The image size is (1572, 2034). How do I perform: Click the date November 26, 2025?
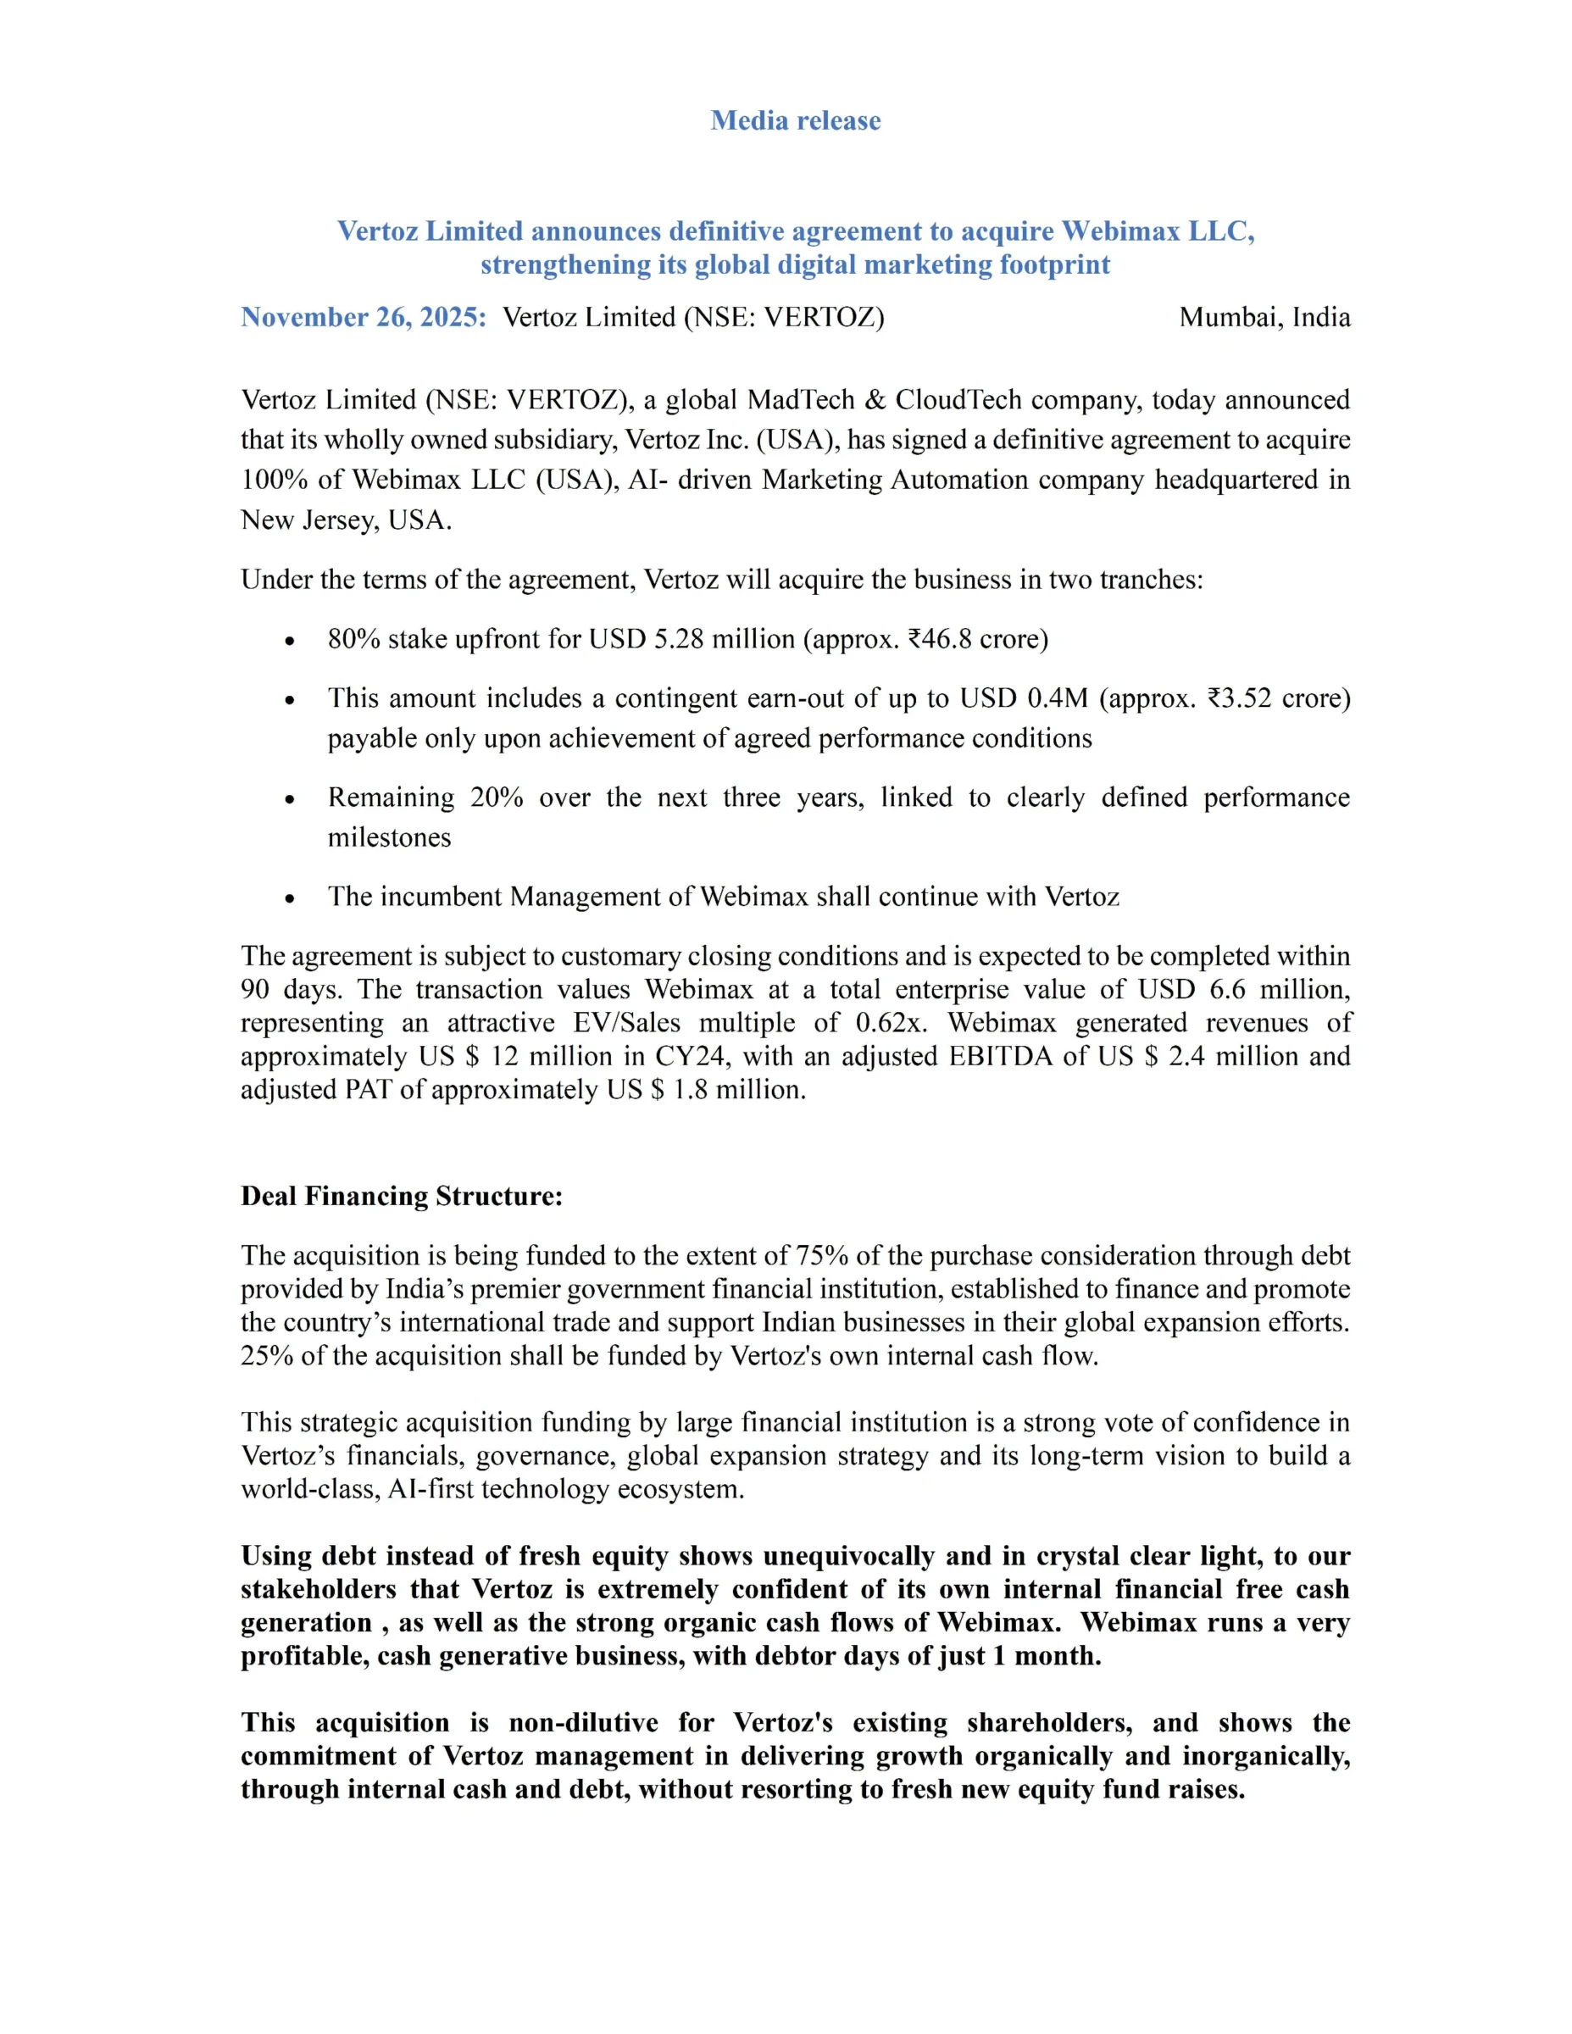click(x=364, y=318)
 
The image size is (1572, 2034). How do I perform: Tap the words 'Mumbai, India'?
click(x=1264, y=318)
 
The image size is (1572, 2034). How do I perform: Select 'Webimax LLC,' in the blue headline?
click(x=1158, y=231)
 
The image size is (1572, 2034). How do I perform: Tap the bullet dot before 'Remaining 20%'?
click(x=291, y=799)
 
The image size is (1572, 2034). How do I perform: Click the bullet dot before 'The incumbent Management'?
click(x=291, y=898)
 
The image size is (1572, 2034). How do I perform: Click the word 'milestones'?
click(x=389, y=837)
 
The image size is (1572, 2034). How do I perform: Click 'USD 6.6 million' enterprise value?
click(x=1243, y=989)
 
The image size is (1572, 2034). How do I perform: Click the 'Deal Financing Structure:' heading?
click(x=402, y=1196)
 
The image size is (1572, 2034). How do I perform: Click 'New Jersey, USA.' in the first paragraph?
click(x=346, y=520)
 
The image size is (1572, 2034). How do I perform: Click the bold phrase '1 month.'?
click(x=1053, y=1656)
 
